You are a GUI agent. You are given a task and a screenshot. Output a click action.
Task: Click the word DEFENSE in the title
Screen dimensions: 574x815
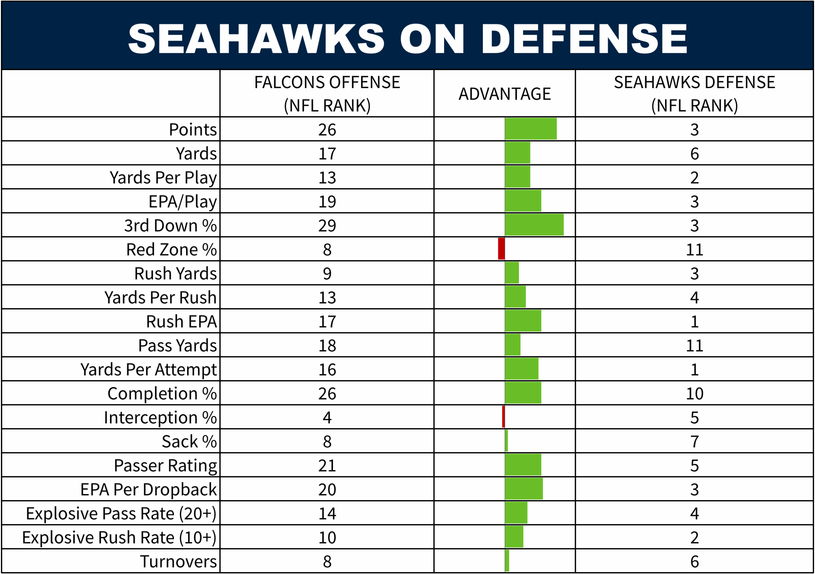coord(584,38)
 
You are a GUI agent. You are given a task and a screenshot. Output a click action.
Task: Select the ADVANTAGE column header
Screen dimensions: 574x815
coord(504,94)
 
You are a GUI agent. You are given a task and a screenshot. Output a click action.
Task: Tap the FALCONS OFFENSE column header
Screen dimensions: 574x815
coord(327,94)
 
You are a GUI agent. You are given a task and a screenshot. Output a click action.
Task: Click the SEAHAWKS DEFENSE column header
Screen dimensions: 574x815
coord(694,94)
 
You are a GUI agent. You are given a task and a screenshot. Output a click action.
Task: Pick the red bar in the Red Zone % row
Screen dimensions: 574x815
coord(501,249)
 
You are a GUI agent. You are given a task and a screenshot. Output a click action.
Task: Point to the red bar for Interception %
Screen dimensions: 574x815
coord(503,417)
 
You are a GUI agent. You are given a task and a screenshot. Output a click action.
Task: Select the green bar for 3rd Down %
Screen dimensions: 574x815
coord(534,225)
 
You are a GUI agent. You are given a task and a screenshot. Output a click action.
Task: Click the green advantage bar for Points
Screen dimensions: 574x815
coord(531,129)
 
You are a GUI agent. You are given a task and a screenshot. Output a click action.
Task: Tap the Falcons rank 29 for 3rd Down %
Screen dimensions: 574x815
coord(327,226)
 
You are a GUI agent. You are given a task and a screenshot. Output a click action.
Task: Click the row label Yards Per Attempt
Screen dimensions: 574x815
coord(148,370)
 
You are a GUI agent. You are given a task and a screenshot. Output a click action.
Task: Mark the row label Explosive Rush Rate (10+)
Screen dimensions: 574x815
coord(119,537)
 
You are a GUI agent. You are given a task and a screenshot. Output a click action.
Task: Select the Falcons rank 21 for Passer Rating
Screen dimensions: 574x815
coord(327,466)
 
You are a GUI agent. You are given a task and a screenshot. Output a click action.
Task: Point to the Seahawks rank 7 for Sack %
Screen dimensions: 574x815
coord(694,442)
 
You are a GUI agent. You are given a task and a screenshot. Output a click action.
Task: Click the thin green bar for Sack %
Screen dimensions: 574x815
coord(506,441)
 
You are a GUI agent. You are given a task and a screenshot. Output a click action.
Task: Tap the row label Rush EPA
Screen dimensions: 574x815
coord(181,322)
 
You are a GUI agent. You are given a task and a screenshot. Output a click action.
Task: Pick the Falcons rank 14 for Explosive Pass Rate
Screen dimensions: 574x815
coord(327,514)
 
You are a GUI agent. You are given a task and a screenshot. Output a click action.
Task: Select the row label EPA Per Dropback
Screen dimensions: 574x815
coord(148,490)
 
